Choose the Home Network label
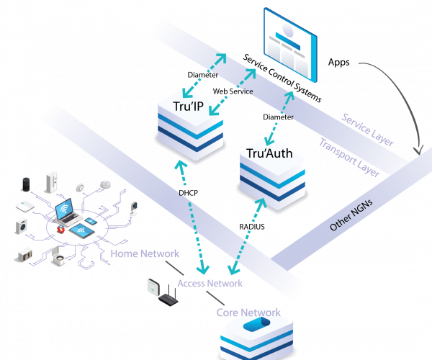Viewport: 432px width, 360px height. tap(145, 253)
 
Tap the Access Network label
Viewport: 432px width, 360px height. tap(210, 283)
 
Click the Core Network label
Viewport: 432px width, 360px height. tap(248, 312)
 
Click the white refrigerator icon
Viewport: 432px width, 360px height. tap(52, 181)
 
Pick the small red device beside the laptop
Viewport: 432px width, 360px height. tap(60, 229)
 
